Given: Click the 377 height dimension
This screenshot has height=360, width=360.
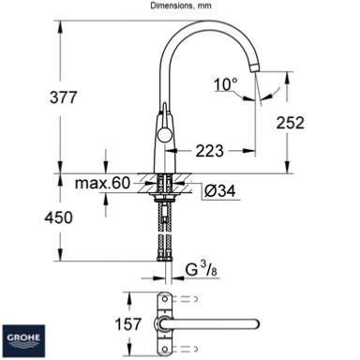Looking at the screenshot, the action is pos(63,97).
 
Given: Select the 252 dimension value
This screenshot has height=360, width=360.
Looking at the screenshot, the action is pos(290,123).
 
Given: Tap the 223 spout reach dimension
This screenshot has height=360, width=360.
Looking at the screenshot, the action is pos(210,151).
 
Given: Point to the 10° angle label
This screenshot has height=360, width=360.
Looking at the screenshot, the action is pos(225,84).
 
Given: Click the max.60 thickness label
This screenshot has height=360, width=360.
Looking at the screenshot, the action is pos(102,183).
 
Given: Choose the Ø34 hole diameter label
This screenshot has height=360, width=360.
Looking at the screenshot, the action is pos(219,190).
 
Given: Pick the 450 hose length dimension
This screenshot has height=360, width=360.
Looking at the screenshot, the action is pos(58,217).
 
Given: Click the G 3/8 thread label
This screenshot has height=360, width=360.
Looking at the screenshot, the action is pos(201,269).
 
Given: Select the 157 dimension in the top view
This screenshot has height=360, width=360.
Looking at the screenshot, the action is pos(128,324).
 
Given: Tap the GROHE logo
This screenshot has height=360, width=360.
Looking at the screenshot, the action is pos(23,341).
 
